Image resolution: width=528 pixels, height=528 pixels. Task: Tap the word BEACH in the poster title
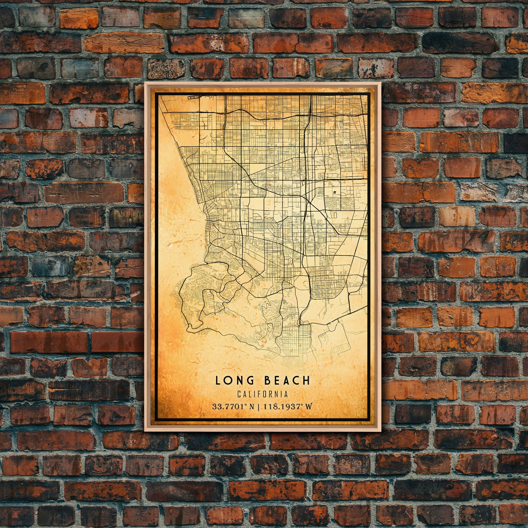coord(287,381)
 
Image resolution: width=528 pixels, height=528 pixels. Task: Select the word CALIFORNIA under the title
coord(263,394)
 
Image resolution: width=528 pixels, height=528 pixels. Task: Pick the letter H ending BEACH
coord(307,381)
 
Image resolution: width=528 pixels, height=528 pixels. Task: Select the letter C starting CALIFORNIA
coord(240,394)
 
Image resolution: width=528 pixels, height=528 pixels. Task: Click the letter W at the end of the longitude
coord(309,407)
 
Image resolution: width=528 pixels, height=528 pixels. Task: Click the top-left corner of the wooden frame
coord(145,83)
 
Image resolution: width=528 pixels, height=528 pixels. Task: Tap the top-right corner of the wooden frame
coord(380,83)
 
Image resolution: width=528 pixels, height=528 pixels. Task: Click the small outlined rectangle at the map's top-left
coord(191,98)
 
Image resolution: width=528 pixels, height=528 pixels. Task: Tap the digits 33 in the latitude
coord(216,407)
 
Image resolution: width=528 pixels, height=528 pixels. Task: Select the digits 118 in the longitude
coord(268,407)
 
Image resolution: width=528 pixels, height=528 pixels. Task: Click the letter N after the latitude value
coord(251,407)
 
